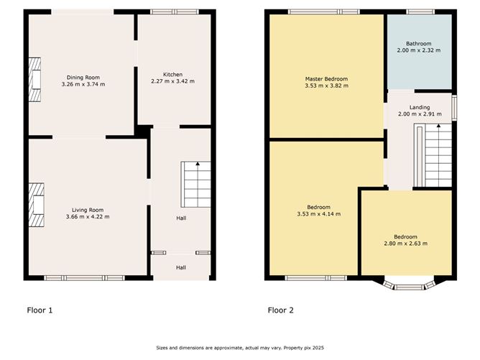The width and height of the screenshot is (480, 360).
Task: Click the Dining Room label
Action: point(83,78)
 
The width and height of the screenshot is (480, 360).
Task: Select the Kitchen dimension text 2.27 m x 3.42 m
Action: point(172,81)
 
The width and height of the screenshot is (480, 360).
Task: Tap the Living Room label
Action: point(88,210)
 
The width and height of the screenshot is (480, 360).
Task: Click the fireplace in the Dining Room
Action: point(34,80)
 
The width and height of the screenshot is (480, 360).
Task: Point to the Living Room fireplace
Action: point(37,205)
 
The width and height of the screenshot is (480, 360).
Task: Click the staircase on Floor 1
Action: point(196,184)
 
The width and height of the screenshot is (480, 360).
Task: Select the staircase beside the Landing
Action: point(433,155)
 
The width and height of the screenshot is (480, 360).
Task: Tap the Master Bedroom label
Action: point(326,79)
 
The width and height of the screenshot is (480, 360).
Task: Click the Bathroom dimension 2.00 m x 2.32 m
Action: point(419,50)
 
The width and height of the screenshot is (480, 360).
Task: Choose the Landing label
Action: point(420,107)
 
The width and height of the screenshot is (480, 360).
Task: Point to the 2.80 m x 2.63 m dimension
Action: point(405,244)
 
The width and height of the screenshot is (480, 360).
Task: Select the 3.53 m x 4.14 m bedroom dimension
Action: point(318,214)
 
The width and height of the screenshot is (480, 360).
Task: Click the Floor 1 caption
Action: point(40,310)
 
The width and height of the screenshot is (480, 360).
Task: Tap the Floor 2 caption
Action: point(281,310)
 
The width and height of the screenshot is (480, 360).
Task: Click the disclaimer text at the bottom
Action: point(240,348)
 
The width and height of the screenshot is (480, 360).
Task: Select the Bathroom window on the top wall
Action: point(420,12)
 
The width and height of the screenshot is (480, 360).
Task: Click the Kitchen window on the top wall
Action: point(175,12)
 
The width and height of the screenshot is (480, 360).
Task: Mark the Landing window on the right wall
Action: point(455,108)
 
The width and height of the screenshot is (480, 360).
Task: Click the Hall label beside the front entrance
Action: point(181,267)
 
